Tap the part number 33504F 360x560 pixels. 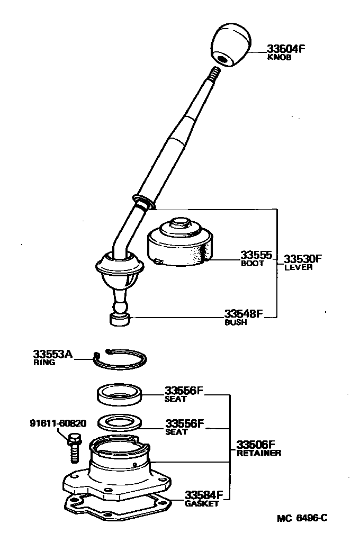click(x=286, y=49)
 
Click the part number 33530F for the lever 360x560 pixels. click(x=303, y=259)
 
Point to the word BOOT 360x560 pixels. click(x=252, y=264)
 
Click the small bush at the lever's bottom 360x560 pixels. click(x=120, y=319)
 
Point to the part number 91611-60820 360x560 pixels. click(x=58, y=423)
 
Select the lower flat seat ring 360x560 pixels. click(x=120, y=422)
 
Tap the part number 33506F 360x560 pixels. click(x=256, y=444)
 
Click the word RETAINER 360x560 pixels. click(x=258, y=453)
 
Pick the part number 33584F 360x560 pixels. click(x=204, y=495)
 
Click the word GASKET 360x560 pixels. click(x=201, y=504)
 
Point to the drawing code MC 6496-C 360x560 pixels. click(x=302, y=518)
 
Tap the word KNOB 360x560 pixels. click(x=280, y=58)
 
